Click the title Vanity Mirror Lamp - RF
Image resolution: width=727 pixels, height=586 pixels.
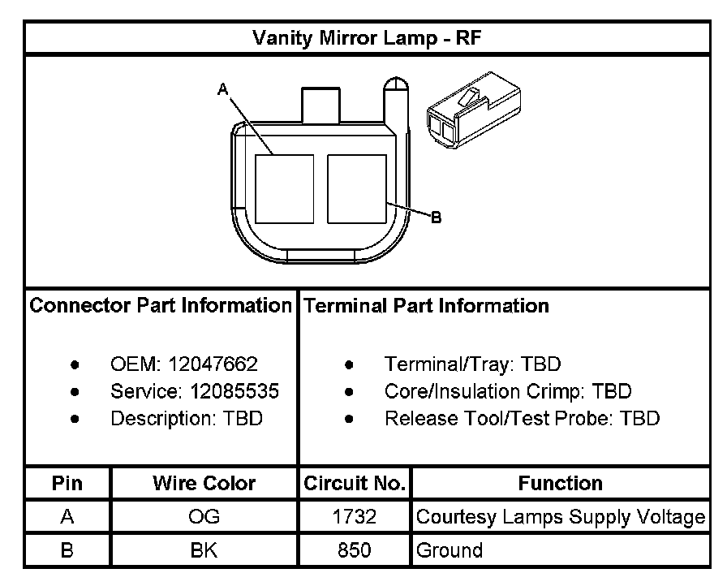click(369, 37)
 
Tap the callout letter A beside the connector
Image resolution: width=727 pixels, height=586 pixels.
click(222, 90)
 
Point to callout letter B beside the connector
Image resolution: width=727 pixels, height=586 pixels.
click(436, 218)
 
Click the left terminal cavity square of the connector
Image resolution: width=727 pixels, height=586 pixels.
click(284, 188)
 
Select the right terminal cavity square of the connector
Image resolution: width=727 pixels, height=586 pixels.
click(356, 188)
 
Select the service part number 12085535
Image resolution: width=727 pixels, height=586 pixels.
click(234, 391)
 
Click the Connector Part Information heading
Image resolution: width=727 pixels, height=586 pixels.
click(161, 306)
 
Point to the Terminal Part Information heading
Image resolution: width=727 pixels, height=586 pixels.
click(425, 306)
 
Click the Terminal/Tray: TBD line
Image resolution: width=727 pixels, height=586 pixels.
click(472, 364)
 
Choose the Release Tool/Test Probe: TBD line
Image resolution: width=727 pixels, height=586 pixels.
click(522, 419)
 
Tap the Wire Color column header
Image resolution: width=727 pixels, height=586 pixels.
click(204, 484)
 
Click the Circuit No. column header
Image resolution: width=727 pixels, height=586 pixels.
click(355, 484)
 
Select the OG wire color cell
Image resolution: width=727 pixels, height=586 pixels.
click(204, 517)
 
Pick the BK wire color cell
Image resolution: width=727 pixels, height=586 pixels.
click(204, 550)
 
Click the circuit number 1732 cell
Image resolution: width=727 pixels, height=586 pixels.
click(355, 517)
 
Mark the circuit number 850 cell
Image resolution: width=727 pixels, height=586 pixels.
click(355, 550)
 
